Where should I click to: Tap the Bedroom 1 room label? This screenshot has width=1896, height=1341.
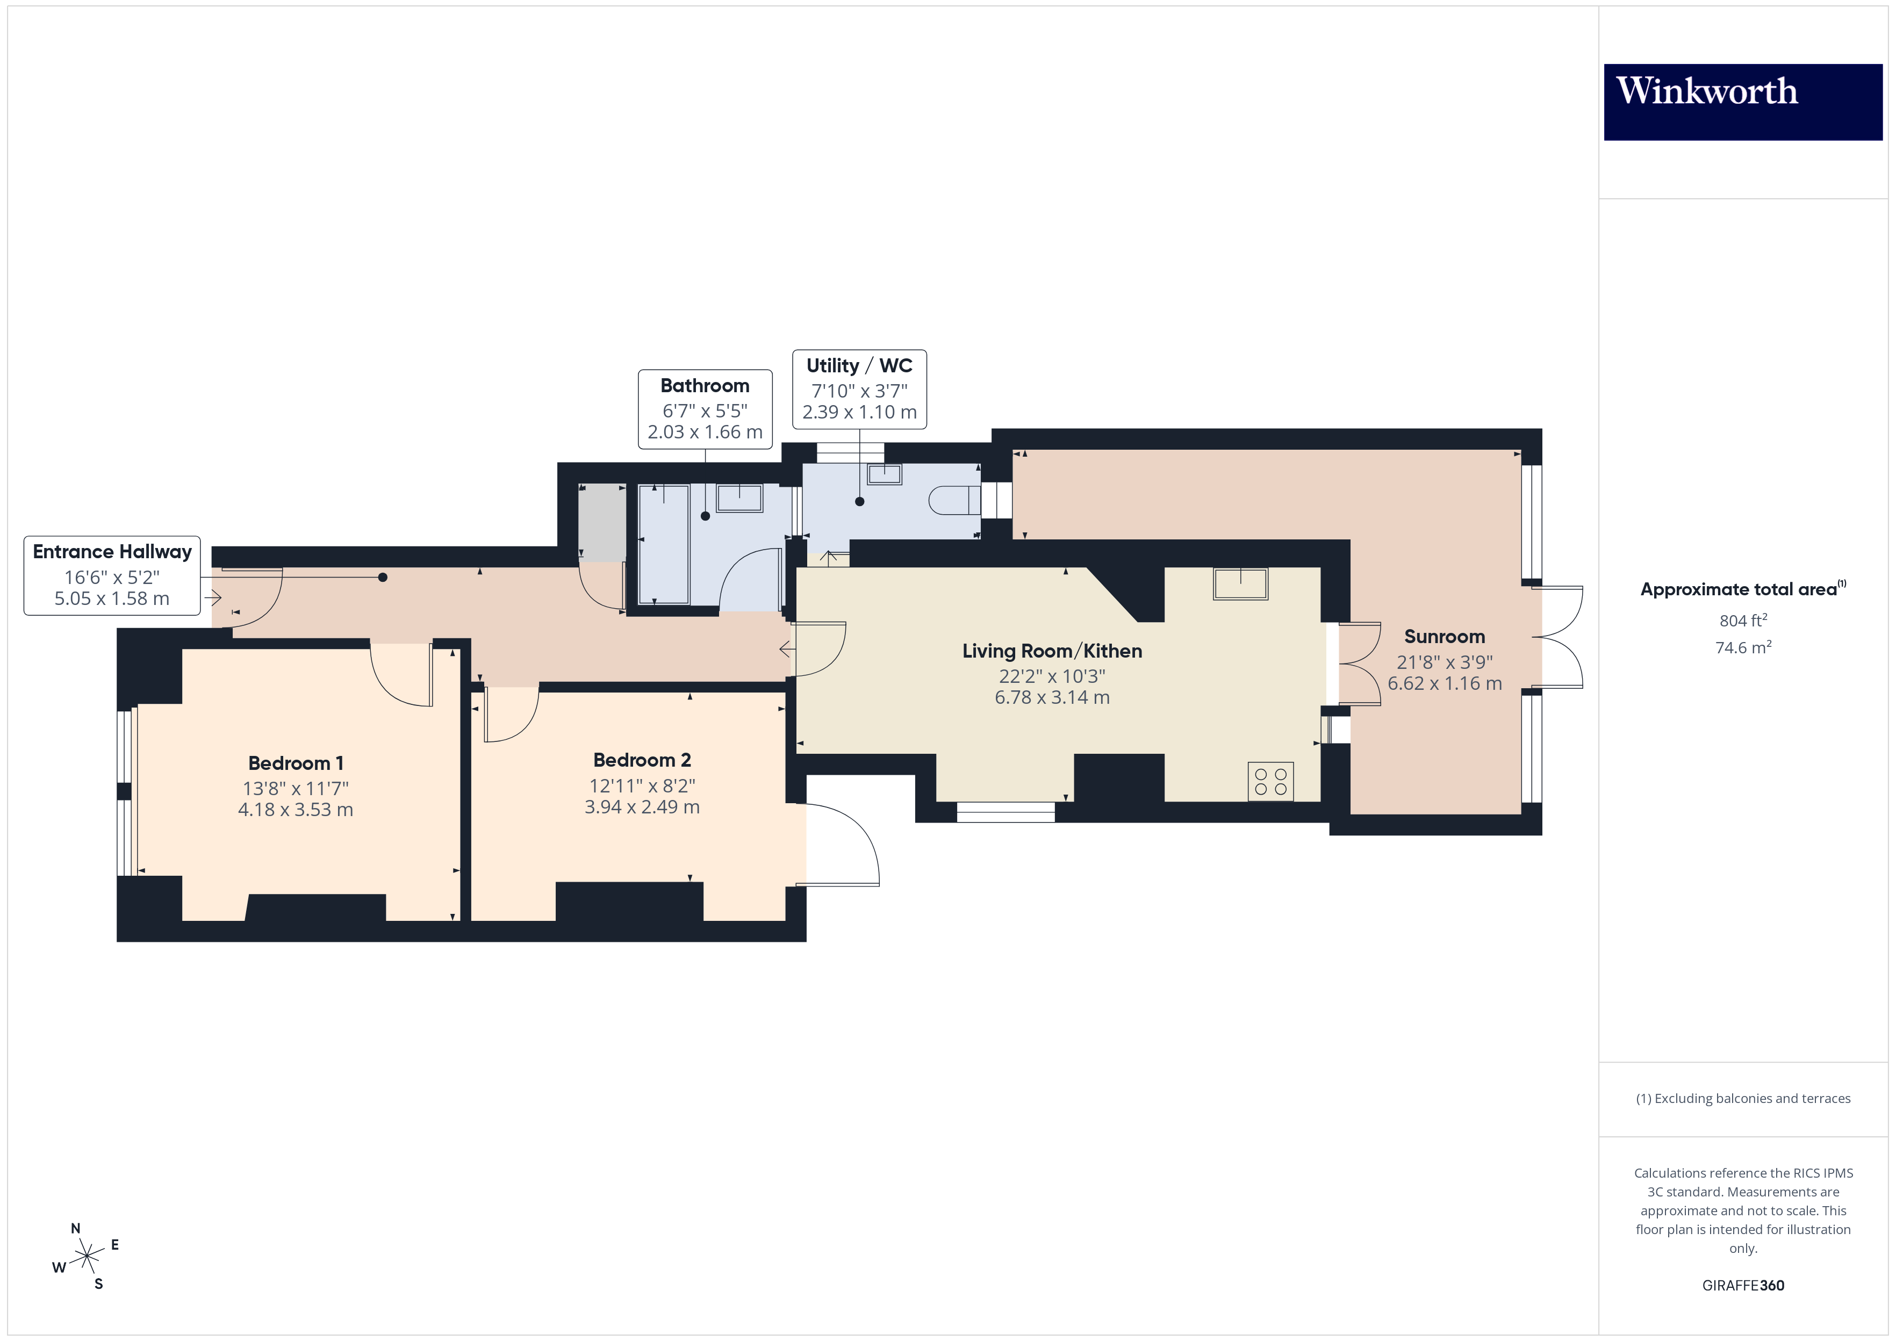pyautogui.click(x=296, y=763)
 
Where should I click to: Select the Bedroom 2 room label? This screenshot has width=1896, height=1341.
pyautogui.click(x=642, y=760)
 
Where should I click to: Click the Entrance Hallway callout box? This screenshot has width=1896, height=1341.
pyautogui.click(x=112, y=575)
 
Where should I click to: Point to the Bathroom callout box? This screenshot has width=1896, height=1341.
pyautogui.click(x=705, y=409)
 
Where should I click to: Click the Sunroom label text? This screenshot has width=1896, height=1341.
pyautogui.click(x=1444, y=637)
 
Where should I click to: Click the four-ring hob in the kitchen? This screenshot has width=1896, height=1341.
pyautogui.click(x=1270, y=781)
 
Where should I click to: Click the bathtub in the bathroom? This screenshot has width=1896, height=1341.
pyautogui.click(x=664, y=544)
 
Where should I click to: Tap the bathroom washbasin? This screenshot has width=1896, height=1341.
pyautogui.click(x=739, y=498)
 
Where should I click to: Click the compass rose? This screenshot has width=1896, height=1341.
pyautogui.click(x=86, y=1257)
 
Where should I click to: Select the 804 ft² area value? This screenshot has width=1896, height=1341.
pyautogui.click(x=1742, y=620)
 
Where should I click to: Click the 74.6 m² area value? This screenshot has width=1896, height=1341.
pyautogui.click(x=1742, y=647)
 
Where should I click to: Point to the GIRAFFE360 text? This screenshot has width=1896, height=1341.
pyautogui.click(x=1742, y=1285)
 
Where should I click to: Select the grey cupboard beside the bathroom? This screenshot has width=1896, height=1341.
pyautogui.click(x=602, y=523)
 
